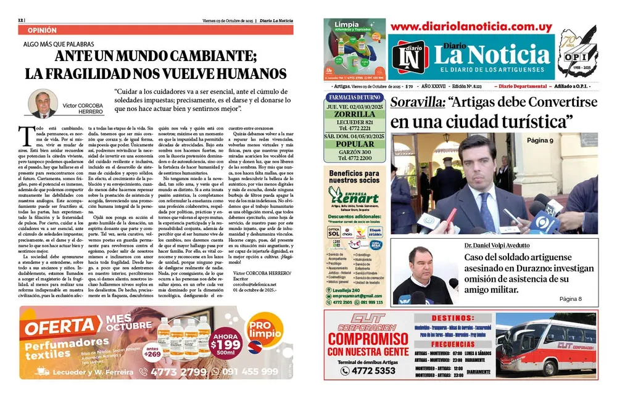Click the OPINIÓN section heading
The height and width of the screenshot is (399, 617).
[x=43, y=30]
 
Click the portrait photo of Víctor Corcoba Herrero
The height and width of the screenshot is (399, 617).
[x=43, y=103]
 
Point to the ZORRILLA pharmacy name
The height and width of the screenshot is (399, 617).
[x=354, y=114]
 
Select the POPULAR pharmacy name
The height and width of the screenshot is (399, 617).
[x=354, y=144]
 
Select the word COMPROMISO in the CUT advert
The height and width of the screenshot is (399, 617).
[x=368, y=339]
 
